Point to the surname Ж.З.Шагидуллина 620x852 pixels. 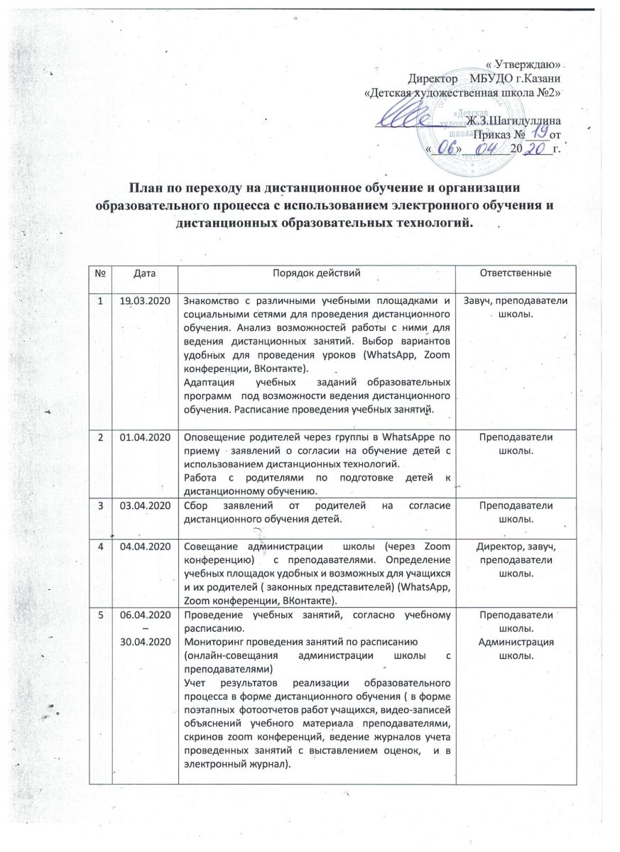518,121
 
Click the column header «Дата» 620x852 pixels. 142,273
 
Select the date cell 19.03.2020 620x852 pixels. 142,301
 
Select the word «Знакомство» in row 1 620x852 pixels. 211,301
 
